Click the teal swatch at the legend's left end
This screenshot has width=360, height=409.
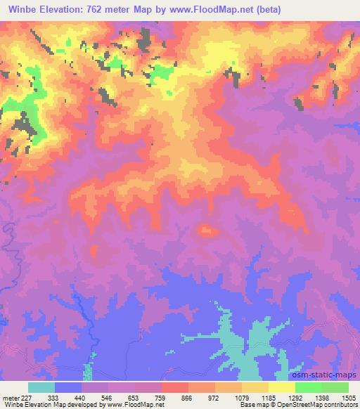[41, 387]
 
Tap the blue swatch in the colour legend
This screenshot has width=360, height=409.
[68, 387]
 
